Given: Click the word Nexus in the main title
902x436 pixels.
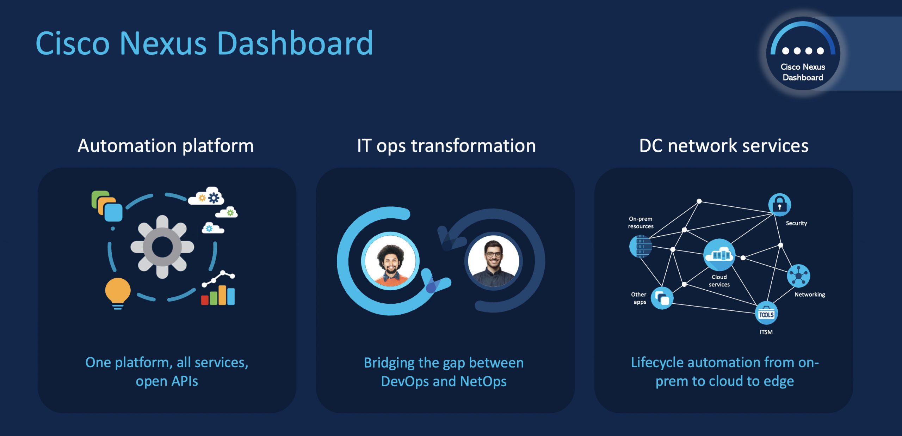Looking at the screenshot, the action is pyautogui.click(x=163, y=43).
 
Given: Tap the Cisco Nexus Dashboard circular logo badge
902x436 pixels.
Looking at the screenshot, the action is pyautogui.click(x=803, y=53).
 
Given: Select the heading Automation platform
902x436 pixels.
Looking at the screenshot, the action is pyautogui.click(x=166, y=146).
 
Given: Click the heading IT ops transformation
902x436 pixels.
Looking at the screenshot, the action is pyautogui.click(x=446, y=146).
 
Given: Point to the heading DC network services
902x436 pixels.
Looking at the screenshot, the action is pyautogui.click(x=724, y=146).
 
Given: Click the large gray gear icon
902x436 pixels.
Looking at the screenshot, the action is pyautogui.click(x=162, y=247).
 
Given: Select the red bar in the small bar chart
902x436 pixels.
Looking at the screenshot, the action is pyautogui.click(x=205, y=300).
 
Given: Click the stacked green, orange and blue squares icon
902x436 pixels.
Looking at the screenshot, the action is pyautogui.click(x=107, y=206).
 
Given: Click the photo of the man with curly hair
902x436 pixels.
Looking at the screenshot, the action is pyautogui.click(x=390, y=261).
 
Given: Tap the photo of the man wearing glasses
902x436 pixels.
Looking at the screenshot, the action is pyautogui.click(x=493, y=261).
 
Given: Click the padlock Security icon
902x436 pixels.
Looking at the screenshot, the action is pyautogui.click(x=779, y=205).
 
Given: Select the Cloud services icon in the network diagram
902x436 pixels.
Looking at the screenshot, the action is pyautogui.click(x=719, y=255).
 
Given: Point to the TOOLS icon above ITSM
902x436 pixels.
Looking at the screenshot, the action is pyautogui.click(x=766, y=313).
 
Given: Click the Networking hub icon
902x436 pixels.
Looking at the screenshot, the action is pyautogui.click(x=798, y=276).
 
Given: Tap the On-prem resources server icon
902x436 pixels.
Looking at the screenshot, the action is pyautogui.click(x=641, y=246).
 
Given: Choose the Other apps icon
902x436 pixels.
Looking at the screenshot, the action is pyautogui.click(x=662, y=298).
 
